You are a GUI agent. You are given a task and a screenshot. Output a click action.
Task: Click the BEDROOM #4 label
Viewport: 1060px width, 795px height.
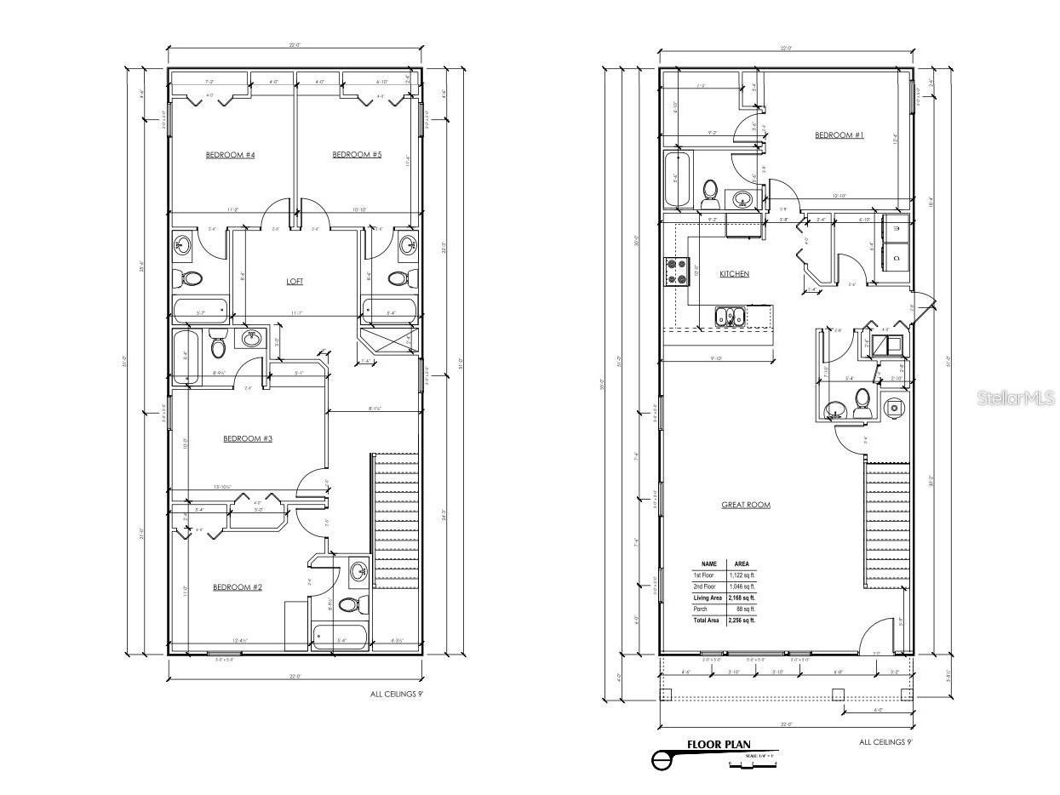(231, 155)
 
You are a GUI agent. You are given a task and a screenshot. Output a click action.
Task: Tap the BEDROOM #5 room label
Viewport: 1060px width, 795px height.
(357, 155)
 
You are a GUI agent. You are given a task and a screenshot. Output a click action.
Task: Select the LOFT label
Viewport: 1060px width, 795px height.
(295, 281)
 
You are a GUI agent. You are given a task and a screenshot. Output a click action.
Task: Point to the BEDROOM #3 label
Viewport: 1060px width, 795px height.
(248, 438)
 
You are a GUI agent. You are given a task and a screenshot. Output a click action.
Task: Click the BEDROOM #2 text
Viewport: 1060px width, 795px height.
(237, 587)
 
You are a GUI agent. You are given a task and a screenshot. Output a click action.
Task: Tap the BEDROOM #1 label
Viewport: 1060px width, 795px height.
(839, 135)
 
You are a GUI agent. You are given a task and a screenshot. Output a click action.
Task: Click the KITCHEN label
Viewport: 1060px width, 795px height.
(734, 274)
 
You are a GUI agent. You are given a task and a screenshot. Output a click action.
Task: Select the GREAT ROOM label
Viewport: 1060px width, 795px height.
(746, 505)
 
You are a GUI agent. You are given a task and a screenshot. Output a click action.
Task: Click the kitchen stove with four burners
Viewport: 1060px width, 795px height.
(676, 272)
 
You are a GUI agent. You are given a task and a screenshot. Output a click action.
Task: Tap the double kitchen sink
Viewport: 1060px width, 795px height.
(730, 317)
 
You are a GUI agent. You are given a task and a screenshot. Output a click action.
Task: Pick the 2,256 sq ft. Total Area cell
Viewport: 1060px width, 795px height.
(740, 621)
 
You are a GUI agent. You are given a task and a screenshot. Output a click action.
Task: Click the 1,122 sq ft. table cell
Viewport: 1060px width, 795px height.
(740, 575)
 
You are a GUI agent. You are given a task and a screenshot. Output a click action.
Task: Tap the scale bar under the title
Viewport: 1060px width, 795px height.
(753, 764)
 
